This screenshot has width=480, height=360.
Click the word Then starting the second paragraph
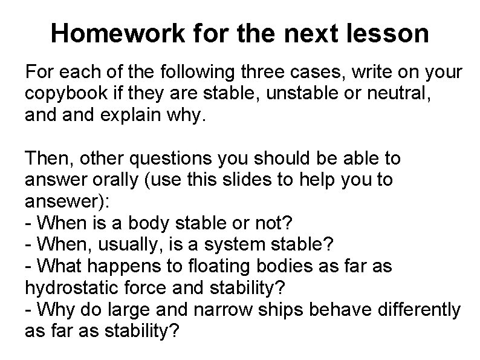pyautogui.click(x=46, y=158)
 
